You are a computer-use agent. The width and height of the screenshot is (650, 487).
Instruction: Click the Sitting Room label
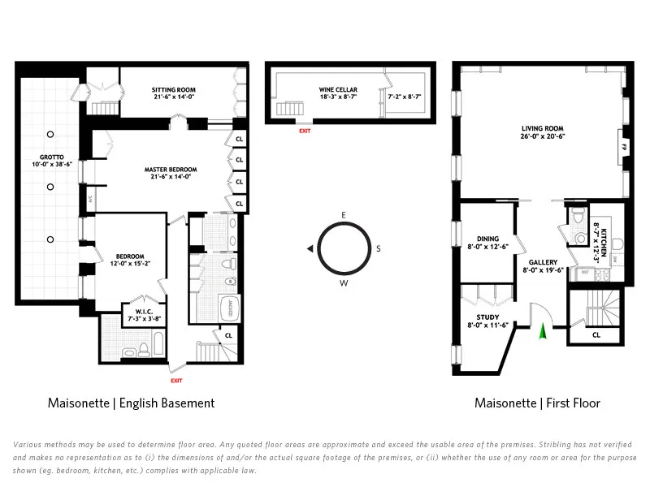pyautogui.click(x=173, y=93)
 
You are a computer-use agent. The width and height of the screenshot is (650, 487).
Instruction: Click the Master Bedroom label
pyautogui.click(x=171, y=173)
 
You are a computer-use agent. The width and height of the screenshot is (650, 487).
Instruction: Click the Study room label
pyautogui.click(x=488, y=321)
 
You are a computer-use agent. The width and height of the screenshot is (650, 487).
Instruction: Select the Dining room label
pyautogui.click(x=487, y=243)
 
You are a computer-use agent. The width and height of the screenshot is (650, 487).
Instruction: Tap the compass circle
pyautogui.click(x=344, y=248)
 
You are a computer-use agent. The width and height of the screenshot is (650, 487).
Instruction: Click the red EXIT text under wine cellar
pyautogui.click(x=305, y=131)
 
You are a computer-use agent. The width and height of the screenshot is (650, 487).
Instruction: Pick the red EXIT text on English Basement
pyautogui.click(x=176, y=380)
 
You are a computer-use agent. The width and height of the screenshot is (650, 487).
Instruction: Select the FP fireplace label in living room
pyautogui.click(x=624, y=147)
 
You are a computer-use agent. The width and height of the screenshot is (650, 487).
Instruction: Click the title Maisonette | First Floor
pyautogui.click(x=537, y=403)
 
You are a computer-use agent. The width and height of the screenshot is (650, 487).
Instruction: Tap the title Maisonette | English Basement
pyautogui.click(x=131, y=403)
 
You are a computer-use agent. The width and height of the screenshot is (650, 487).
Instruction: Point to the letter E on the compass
pyautogui.click(x=344, y=214)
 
